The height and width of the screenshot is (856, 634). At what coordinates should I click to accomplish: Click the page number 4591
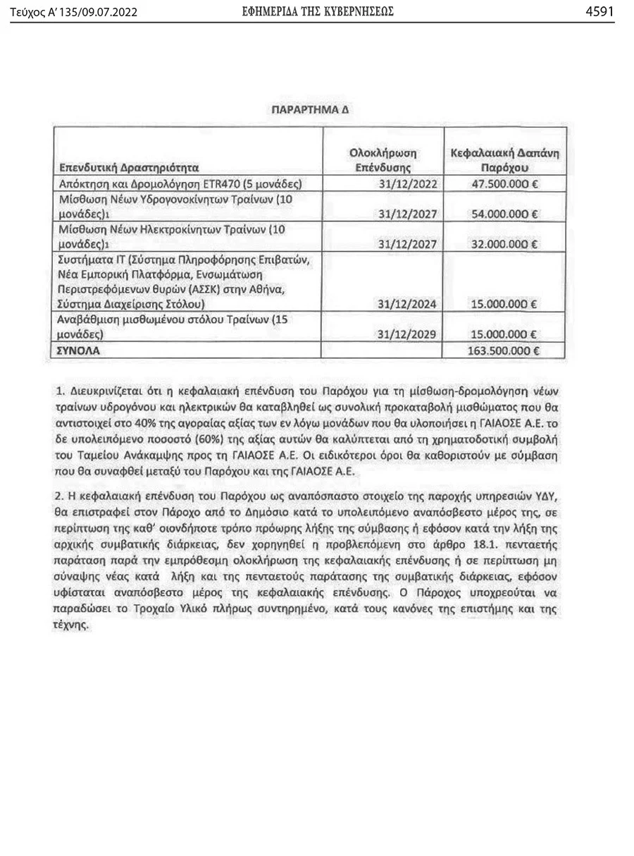(x=599, y=11)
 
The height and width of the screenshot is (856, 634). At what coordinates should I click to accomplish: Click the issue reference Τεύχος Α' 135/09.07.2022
(x=74, y=12)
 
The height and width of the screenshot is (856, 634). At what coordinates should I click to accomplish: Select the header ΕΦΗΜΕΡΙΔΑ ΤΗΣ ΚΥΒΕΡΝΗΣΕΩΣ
(x=317, y=11)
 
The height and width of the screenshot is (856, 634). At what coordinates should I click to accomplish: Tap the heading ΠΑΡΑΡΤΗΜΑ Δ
(x=311, y=111)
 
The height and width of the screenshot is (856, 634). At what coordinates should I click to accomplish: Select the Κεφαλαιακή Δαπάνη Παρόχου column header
(x=504, y=161)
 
